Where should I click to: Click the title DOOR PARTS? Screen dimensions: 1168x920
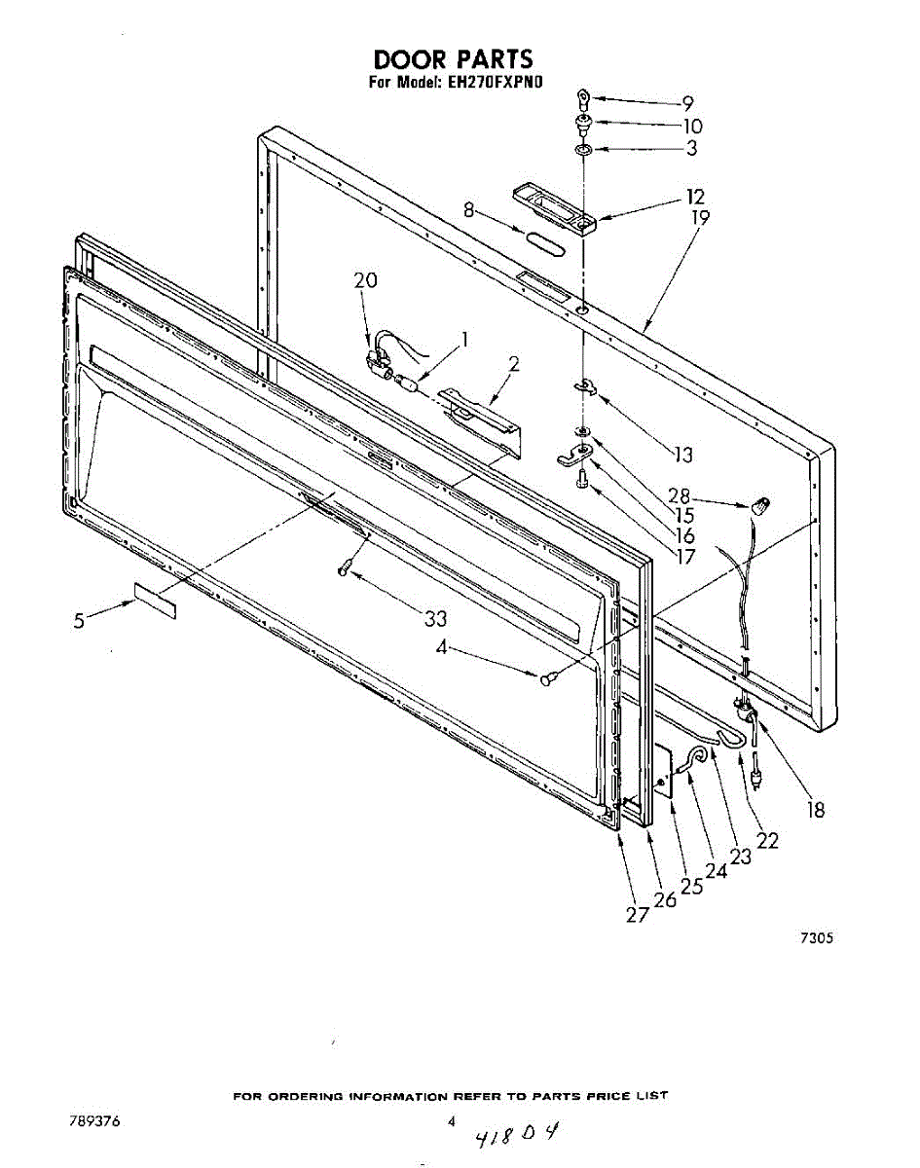click(453, 60)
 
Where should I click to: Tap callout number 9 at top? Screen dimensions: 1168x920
click(687, 102)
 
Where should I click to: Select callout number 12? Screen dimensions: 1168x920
click(695, 197)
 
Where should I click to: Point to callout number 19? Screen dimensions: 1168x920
click(700, 218)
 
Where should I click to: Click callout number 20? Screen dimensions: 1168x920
click(366, 280)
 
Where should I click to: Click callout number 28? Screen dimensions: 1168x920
click(680, 494)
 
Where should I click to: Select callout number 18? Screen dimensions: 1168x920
click(816, 809)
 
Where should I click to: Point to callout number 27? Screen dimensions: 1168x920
click(637, 915)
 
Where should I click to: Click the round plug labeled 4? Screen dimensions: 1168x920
click(548, 678)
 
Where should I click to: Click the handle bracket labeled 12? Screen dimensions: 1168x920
click(553, 210)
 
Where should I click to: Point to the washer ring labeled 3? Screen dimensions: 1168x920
click(583, 151)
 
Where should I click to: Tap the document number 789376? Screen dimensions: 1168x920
click(94, 1120)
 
